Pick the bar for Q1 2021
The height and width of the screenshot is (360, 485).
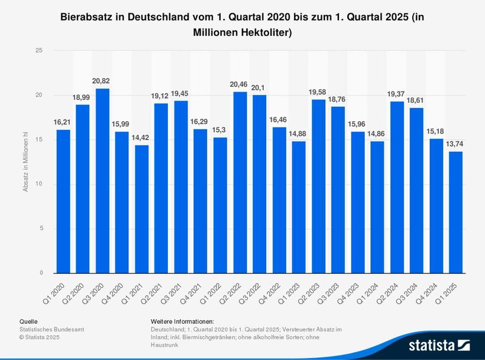point(141,209)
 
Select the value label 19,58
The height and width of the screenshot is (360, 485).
point(317,92)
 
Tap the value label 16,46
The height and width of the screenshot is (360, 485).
point(279,120)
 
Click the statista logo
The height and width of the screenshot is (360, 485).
point(440,346)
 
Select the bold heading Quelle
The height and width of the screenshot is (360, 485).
point(29,321)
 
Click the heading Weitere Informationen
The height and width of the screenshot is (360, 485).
point(182,321)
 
